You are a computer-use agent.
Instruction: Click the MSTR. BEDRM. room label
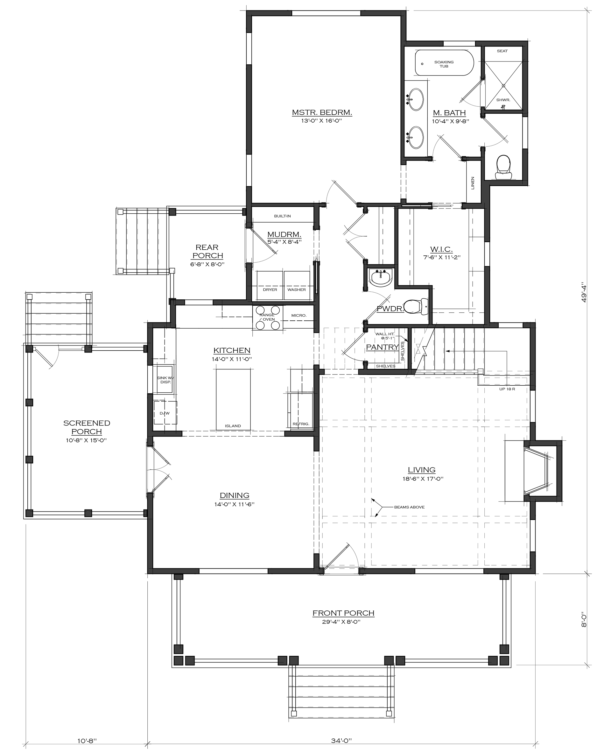322,113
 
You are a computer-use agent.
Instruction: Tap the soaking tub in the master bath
444,63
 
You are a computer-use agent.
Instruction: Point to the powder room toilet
415,306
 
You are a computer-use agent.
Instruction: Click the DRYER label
270,290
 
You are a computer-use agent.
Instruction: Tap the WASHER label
296,290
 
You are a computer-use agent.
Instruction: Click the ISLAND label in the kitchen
233,426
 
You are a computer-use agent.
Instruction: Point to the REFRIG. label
301,424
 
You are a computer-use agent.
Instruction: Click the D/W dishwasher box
165,413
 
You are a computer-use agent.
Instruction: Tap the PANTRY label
383,347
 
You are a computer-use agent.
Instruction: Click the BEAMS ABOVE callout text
409,507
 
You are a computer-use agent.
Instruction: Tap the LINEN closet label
473,183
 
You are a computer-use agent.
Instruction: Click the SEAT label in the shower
502,51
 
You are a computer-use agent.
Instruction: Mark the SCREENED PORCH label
87,427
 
